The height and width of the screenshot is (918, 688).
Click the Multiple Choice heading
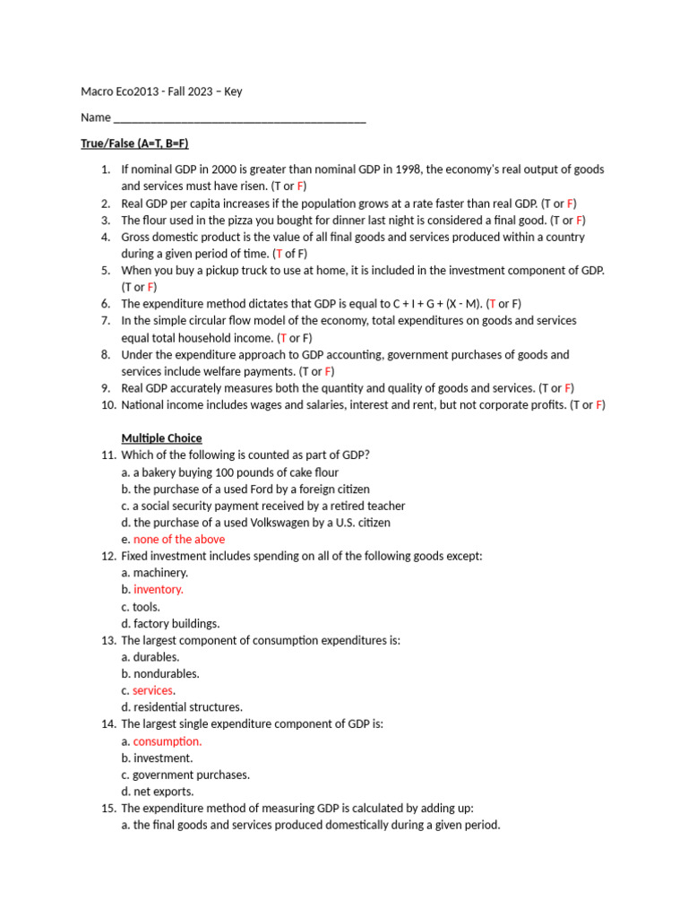click(161, 438)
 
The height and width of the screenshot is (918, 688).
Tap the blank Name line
click(240, 118)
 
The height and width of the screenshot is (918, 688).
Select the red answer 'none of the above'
click(179, 540)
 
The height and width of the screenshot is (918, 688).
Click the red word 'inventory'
click(158, 590)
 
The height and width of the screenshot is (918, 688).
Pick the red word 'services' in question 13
click(152, 691)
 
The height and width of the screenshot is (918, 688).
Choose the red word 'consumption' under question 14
click(167, 741)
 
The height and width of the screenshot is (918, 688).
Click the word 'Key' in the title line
click(233, 91)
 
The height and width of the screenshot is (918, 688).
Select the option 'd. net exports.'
click(158, 792)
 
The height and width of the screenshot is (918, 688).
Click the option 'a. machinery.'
click(155, 573)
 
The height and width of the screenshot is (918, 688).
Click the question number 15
click(107, 809)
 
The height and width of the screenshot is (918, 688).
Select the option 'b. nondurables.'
click(160, 674)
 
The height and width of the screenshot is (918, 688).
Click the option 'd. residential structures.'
click(182, 707)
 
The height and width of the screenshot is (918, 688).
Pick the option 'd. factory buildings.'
click(170, 624)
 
